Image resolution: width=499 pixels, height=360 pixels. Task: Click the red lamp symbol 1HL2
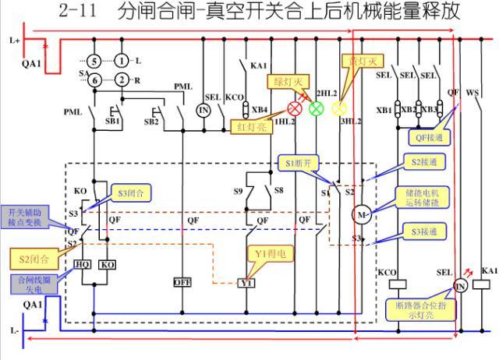[296, 109]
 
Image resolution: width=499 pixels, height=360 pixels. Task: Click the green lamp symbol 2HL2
[316, 108]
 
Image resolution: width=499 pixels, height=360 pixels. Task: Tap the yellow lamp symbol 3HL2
[338, 108]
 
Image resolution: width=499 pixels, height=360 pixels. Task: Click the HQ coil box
[83, 264]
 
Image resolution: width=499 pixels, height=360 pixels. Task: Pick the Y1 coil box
[246, 282]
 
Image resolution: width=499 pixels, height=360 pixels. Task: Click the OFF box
[182, 282]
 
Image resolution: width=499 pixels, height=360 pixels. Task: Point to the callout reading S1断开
[298, 164]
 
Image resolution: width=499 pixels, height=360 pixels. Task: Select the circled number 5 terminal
[94, 60]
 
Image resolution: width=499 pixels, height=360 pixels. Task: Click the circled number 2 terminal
[122, 79]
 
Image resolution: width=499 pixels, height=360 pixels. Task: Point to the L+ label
[11, 38]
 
